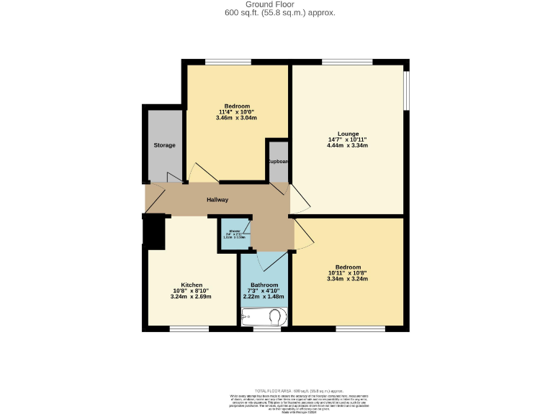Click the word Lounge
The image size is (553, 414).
pos(349,134)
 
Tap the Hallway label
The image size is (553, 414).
pos(217,200)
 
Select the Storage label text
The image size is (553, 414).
pos(164,145)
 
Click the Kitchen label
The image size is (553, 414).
pos(192,285)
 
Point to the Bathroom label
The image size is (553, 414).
pos(264,285)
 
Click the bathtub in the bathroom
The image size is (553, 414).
pos(264,317)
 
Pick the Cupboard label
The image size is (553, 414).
pos(278,161)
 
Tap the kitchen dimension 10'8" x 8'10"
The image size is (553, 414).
pos(192,290)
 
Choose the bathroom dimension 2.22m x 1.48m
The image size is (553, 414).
pos(264,297)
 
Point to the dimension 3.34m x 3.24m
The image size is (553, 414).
pos(348,279)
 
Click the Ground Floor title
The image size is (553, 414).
pos(276,4)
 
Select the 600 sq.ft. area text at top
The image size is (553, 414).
pos(276,13)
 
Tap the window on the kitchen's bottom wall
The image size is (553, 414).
pos(189,329)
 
